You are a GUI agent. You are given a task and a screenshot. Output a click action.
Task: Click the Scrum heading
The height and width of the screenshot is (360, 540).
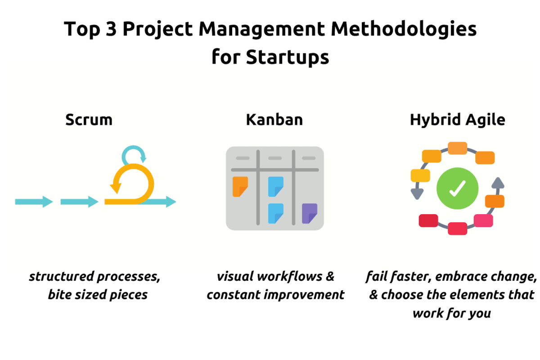pyautogui.click(x=89, y=120)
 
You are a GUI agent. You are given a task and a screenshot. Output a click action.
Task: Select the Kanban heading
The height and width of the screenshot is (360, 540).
pyautogui.click(x=274, y=120)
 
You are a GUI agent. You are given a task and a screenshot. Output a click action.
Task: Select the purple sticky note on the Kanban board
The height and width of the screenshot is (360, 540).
pyautogui.click(x=310, y=213)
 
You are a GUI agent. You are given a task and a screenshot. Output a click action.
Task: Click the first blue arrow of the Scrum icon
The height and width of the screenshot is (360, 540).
pyautogui.click(x=34, y=202)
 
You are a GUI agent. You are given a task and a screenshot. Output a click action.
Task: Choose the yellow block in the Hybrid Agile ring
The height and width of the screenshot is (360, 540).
pyautogui.click(x=421, y=175)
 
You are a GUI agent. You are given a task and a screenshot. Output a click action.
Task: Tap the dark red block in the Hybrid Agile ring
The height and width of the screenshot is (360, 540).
pyautogui.click(x=428, y=220)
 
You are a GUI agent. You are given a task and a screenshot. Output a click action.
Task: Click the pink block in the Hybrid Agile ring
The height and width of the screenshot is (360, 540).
pyautogui.click(x=483, y=220)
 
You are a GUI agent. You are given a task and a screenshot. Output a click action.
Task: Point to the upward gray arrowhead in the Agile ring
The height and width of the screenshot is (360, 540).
pyautogui.click(x=497, y=183)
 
